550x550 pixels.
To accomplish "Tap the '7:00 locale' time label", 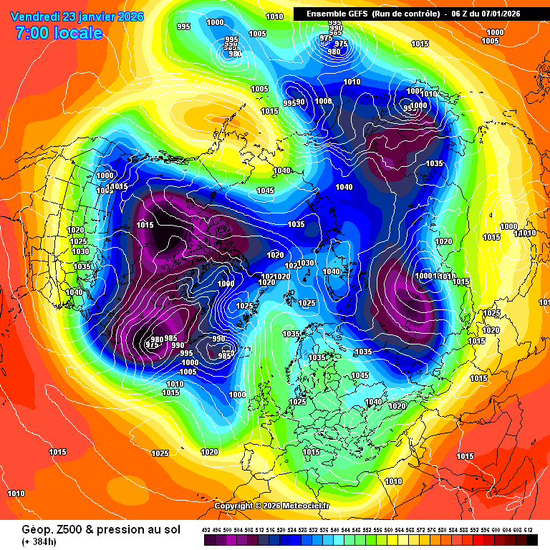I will coord(58,32).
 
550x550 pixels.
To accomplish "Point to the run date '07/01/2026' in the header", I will coord(512,14).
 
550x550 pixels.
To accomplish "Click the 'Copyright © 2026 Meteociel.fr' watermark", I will coord(272,506).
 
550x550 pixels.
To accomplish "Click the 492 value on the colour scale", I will coord(206,530).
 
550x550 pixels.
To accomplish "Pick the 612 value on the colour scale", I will coord(528,530).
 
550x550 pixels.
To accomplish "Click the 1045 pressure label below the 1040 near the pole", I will coord(266,191).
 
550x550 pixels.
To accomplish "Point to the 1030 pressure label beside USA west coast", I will coord(80,252).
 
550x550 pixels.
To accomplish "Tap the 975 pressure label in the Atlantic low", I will coord(152,345).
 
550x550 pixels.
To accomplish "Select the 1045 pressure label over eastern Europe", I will coord(360,376).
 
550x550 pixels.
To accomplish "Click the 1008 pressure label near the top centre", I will coord(324,102).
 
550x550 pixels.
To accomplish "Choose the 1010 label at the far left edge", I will coord(16,493).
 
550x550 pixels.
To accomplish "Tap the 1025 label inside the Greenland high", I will coord(245,306).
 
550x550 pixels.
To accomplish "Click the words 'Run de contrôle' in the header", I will coord(401,14).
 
